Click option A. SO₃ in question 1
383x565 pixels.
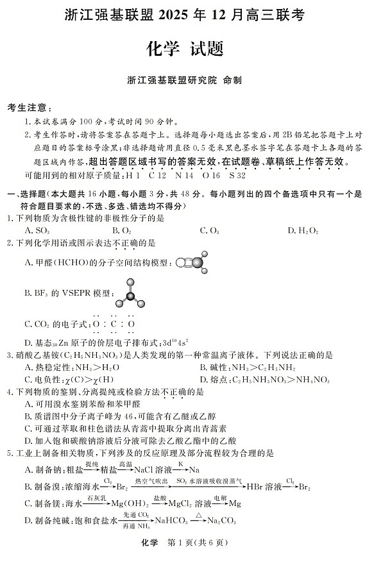click(x=37, y=230)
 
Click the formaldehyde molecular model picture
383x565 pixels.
click(x=191, y=262)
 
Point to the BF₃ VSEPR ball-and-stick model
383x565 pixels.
click(x=131, y=292)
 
